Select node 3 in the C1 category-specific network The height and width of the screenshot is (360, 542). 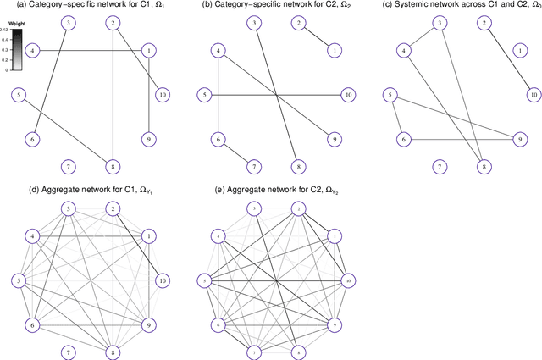tap(68, 22)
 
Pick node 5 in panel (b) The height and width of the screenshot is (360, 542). tap(204, 94)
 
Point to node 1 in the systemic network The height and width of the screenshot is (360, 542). tap(517, 50)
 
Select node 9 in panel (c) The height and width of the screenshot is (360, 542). tap(517, 138)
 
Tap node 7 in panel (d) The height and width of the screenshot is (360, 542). tap(68, 350)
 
